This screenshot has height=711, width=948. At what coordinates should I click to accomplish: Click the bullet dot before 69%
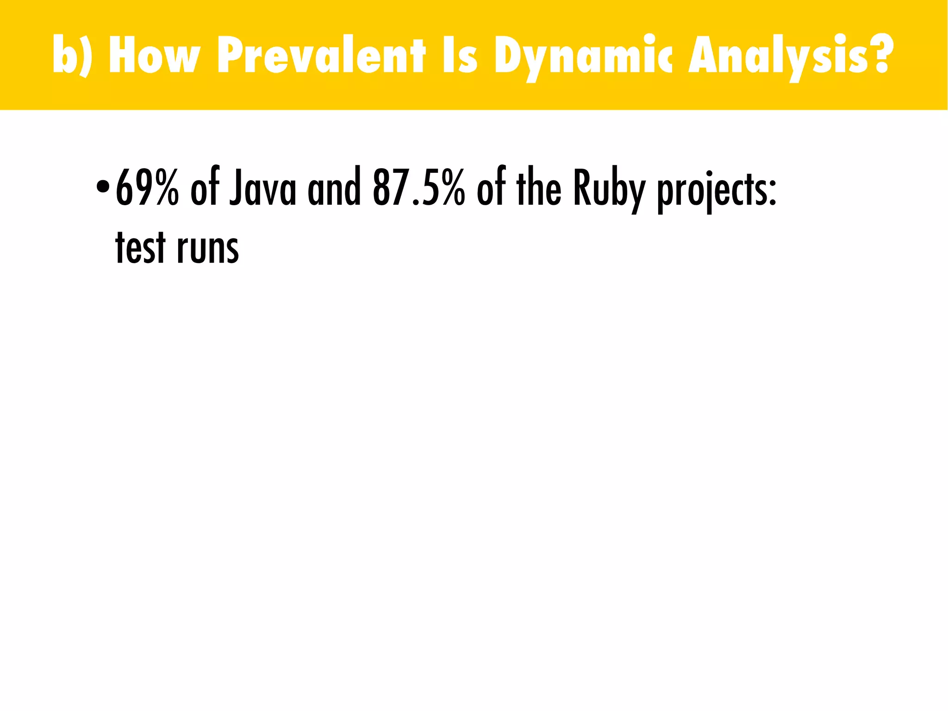click(102, 188)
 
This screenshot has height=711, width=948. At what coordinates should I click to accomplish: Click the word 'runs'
click(208, 250)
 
